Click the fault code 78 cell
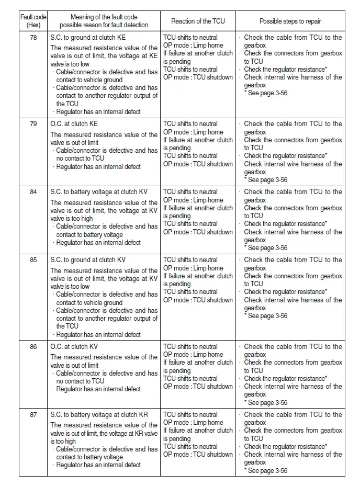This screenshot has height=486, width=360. tap(33, 38)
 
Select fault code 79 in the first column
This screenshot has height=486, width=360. tap(33, 124)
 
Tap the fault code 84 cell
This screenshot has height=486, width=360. tap(33, 192)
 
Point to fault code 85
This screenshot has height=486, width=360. tap(33, 260)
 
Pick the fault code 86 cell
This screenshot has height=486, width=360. tap(33, 347)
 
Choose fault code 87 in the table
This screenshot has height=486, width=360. tap(33, 415)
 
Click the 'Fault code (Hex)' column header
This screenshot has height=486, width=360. tap(33, 21)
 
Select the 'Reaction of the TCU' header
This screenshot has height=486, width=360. tap(197, 21)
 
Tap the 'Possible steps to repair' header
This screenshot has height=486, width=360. tap(290, 21)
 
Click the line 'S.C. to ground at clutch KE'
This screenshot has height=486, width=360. tap(88, 38)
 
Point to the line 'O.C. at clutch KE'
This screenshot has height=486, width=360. tap(74, 124)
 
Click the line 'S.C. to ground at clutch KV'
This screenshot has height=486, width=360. tap(88, 260)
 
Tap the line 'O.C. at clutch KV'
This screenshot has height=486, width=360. tap(74, 347)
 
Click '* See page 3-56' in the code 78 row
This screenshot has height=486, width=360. tap(266, 93)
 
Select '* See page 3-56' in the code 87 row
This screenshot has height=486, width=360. tap(266, 471)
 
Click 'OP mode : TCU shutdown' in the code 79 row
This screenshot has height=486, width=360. tap(198, 164)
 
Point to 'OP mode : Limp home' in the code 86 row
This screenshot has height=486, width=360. tap(193, 355)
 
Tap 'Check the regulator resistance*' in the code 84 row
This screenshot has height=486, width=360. tap(285, 224)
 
